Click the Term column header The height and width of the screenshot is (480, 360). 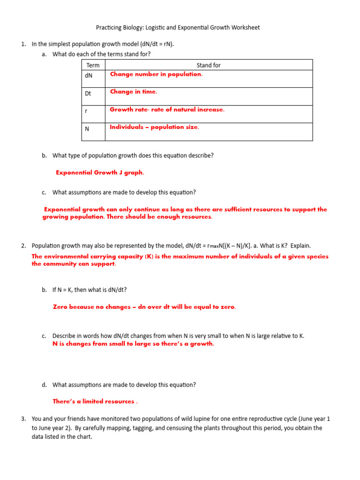tap(93, 65)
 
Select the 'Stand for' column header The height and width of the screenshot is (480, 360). tap(209, 65)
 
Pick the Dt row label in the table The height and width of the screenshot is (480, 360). tap(88, 93)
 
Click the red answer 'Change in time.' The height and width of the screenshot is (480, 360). tap(133, 92)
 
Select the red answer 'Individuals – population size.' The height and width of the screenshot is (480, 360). tap(154, 127)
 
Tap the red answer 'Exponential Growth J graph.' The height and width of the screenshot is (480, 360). tap(100, 172)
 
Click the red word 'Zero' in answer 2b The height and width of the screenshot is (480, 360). tap(60, 307)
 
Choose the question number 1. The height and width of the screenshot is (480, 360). tap(23, 44)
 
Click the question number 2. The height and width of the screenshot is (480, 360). tap(23, 246)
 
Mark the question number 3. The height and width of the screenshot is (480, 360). tap(23, 419)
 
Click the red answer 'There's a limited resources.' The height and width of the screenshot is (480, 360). tap(95, 402)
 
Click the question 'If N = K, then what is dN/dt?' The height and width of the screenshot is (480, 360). tap(90, 290)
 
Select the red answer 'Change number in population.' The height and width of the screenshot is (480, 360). tap(156, 74)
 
